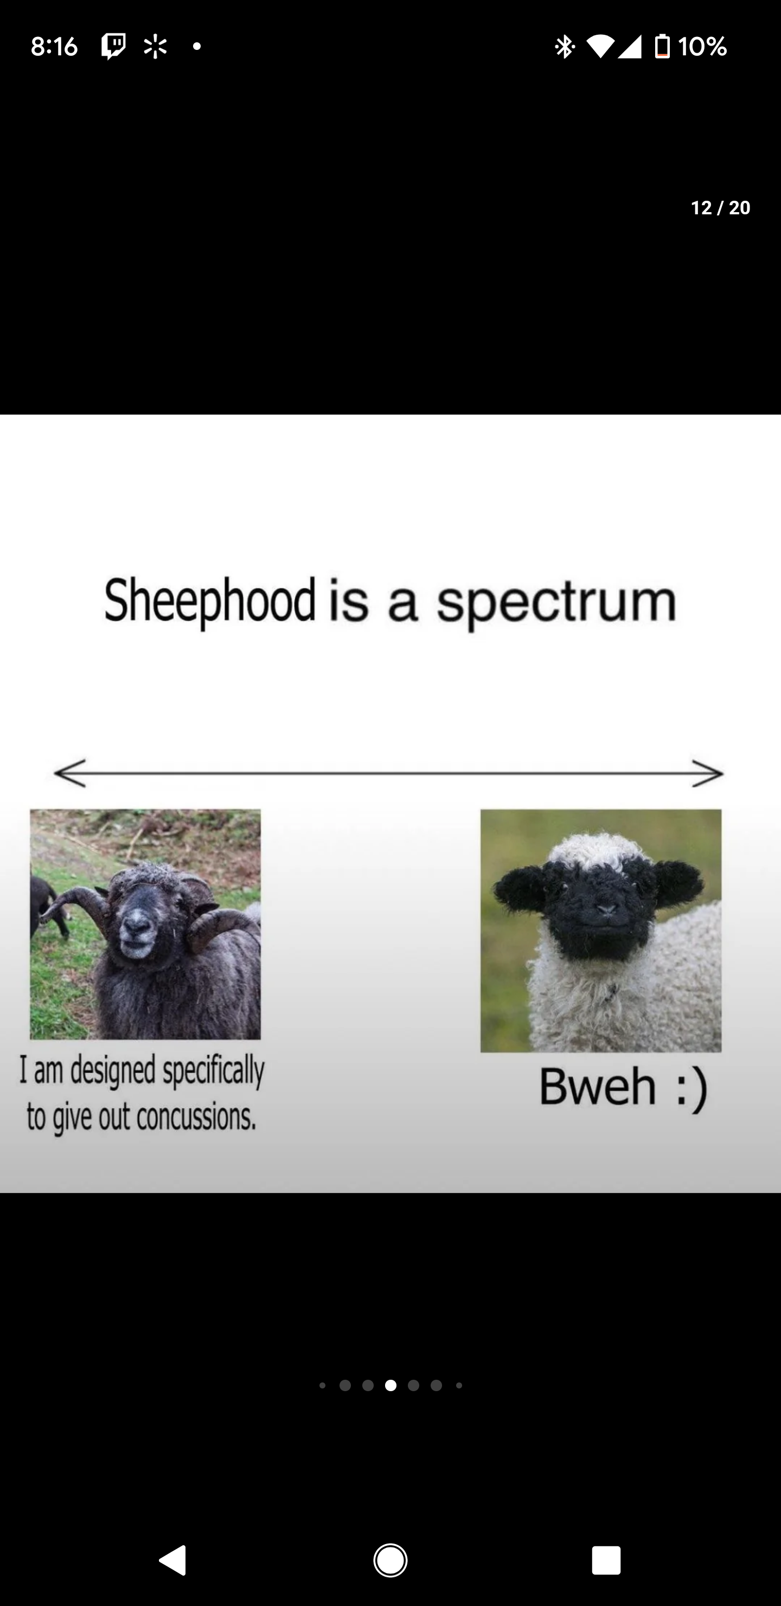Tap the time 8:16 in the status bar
point(54,46)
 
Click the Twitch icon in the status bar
point(113,46)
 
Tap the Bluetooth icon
point(565,46)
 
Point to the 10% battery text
point(702,46)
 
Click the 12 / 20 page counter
point(721,208)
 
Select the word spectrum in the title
point(556,602)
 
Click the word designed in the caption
point(113,1070)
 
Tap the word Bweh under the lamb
point(597,1086)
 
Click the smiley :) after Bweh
point(692,1088)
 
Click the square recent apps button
point(606,1560)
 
